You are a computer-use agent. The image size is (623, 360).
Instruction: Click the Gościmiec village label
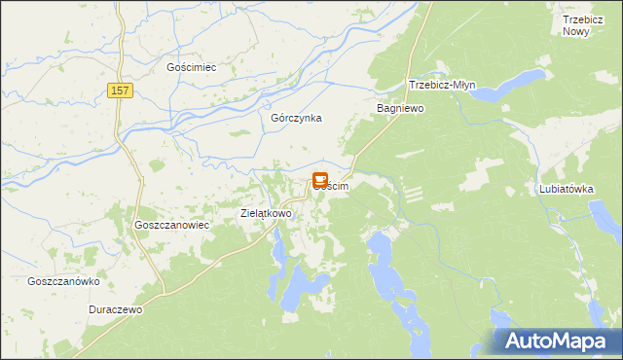point(191,67)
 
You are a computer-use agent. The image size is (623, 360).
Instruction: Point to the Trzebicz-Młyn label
point(445,84)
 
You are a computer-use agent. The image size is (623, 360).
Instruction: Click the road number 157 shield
point(118,90)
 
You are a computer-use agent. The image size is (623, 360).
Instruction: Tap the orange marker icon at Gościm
point(320,180)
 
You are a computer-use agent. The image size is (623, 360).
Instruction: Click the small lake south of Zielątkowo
point(277,255)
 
